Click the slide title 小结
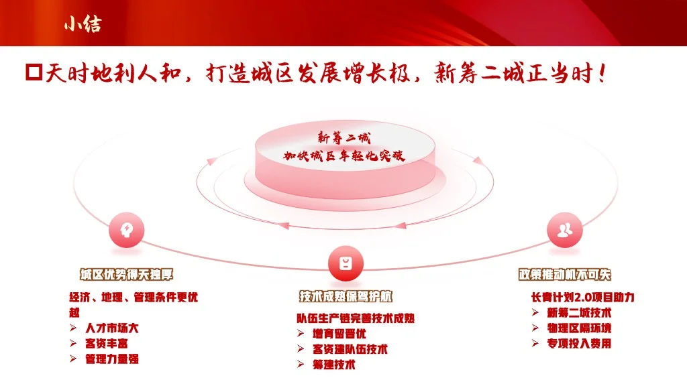coord(83,24)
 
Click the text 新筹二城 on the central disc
coord(343,138)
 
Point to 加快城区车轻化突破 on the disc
coord(343,156)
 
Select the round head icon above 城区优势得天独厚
coord(126,230)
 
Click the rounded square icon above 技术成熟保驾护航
coord(345,263)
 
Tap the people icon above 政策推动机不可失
coord(564,230)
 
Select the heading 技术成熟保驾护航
coord(346,296)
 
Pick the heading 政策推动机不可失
coord(565,275)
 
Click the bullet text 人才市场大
coord(112,328)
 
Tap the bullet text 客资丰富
coord(107,343)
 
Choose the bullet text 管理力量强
coord(112,359)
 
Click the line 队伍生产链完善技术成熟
coord(356,318)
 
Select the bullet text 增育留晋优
coord(339,333)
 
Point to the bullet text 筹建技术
coord(334,365)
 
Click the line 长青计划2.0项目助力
coord(582,297)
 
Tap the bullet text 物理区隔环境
coord(579,328)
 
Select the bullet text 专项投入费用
coord(579,344)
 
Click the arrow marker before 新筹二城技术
coord(535,312)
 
